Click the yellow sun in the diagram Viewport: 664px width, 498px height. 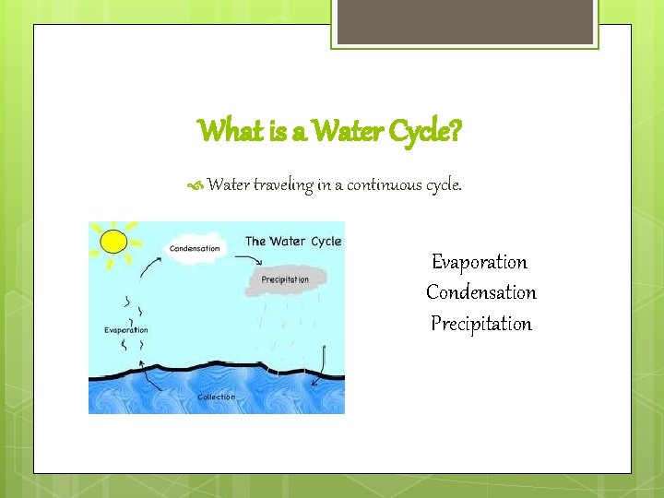click(113, 241)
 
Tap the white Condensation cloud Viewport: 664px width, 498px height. click(196, 248)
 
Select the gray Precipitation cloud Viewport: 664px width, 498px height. click(284, 279)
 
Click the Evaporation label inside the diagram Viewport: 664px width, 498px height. click(126, 329)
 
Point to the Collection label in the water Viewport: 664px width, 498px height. click(217, 397)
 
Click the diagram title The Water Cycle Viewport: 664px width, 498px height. click(293, 242)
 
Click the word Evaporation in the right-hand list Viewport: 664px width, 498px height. click(480, 262)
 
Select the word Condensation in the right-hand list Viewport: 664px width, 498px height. click(480, 292)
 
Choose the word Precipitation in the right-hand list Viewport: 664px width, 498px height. click(481, 324)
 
